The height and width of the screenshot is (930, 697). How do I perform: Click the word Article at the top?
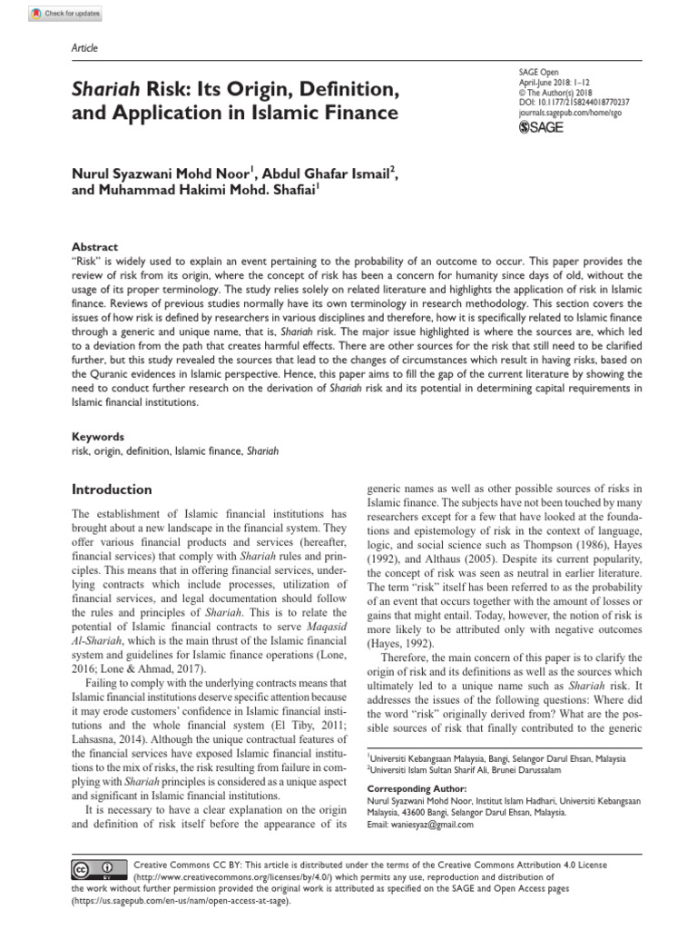[84, 48]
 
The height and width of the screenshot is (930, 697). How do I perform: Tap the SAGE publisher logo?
[540, 128]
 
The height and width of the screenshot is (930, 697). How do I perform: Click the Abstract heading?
[94, 246]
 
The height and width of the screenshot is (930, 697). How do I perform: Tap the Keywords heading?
[98, 436]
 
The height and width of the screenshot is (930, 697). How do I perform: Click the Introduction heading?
[112, 489]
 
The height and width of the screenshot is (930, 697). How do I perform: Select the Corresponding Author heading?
[417, 789]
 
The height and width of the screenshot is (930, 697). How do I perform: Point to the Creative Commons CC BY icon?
[98, 870]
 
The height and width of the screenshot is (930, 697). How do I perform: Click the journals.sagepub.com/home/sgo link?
[567, 114]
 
